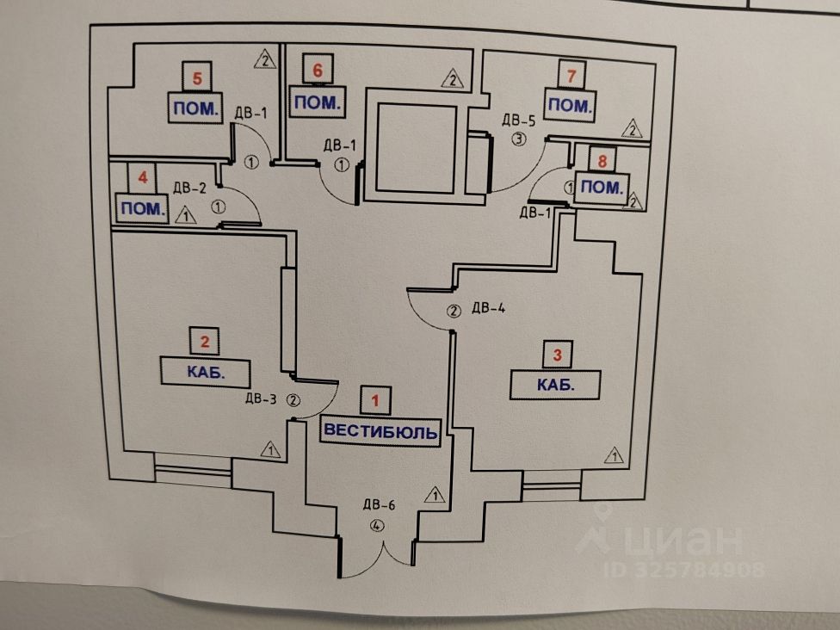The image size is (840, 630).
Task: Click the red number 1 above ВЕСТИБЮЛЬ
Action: pyautogui.click(x=374, y=399)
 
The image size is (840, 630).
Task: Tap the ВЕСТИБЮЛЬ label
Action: pyautogui.click(x=381, y=432)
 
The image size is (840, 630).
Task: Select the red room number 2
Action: pyautogui.click(x=205, y=342)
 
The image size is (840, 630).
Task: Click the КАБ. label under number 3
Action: pyautogui.click(x=555, y=385)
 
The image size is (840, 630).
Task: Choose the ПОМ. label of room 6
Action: pyautogui.click(x=318, y=102)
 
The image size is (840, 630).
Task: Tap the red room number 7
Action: pyautogui.click(x=571, y=76)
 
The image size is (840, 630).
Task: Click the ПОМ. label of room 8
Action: pyautogui.click(x=602, y=188)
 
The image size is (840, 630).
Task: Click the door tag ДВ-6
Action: pyautogui.click(x=379, y=505)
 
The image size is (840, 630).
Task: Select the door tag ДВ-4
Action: pyautogui.click(x=487, y=310)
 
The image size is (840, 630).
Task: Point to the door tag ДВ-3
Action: pyautogui.click(x=260, y=398)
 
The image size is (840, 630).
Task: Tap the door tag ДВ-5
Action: pyautogui.click(x=519, y=120)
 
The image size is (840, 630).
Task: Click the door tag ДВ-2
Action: pyautogui.click(x=189, y=188)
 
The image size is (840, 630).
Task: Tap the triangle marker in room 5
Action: pyautogui.click(x=264, y=60)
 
